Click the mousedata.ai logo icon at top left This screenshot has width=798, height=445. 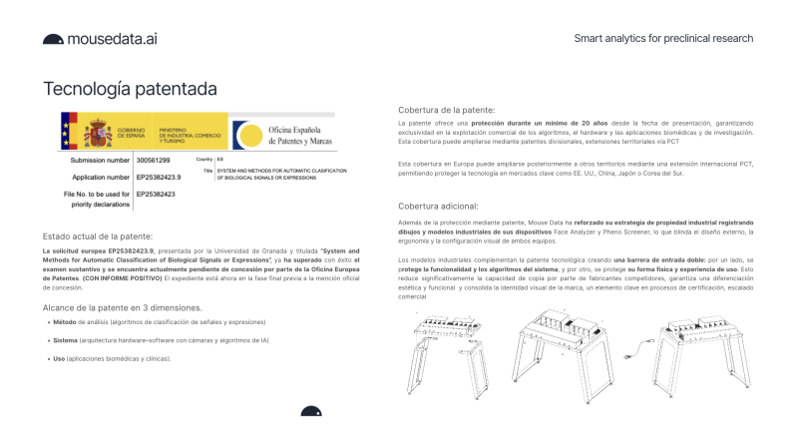(53, 40)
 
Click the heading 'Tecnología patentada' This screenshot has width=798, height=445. (130, 90)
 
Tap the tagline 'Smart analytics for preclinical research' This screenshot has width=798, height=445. (663, 39)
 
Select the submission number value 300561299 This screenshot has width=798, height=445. (154, 160)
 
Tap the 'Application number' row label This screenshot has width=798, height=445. (98, 176)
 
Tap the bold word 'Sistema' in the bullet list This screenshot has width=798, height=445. (64, 340)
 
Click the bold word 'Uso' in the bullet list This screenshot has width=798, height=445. (58, 358)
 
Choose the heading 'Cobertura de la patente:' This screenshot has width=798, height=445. (446, 110)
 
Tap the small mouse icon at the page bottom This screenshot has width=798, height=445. (311, 411)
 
